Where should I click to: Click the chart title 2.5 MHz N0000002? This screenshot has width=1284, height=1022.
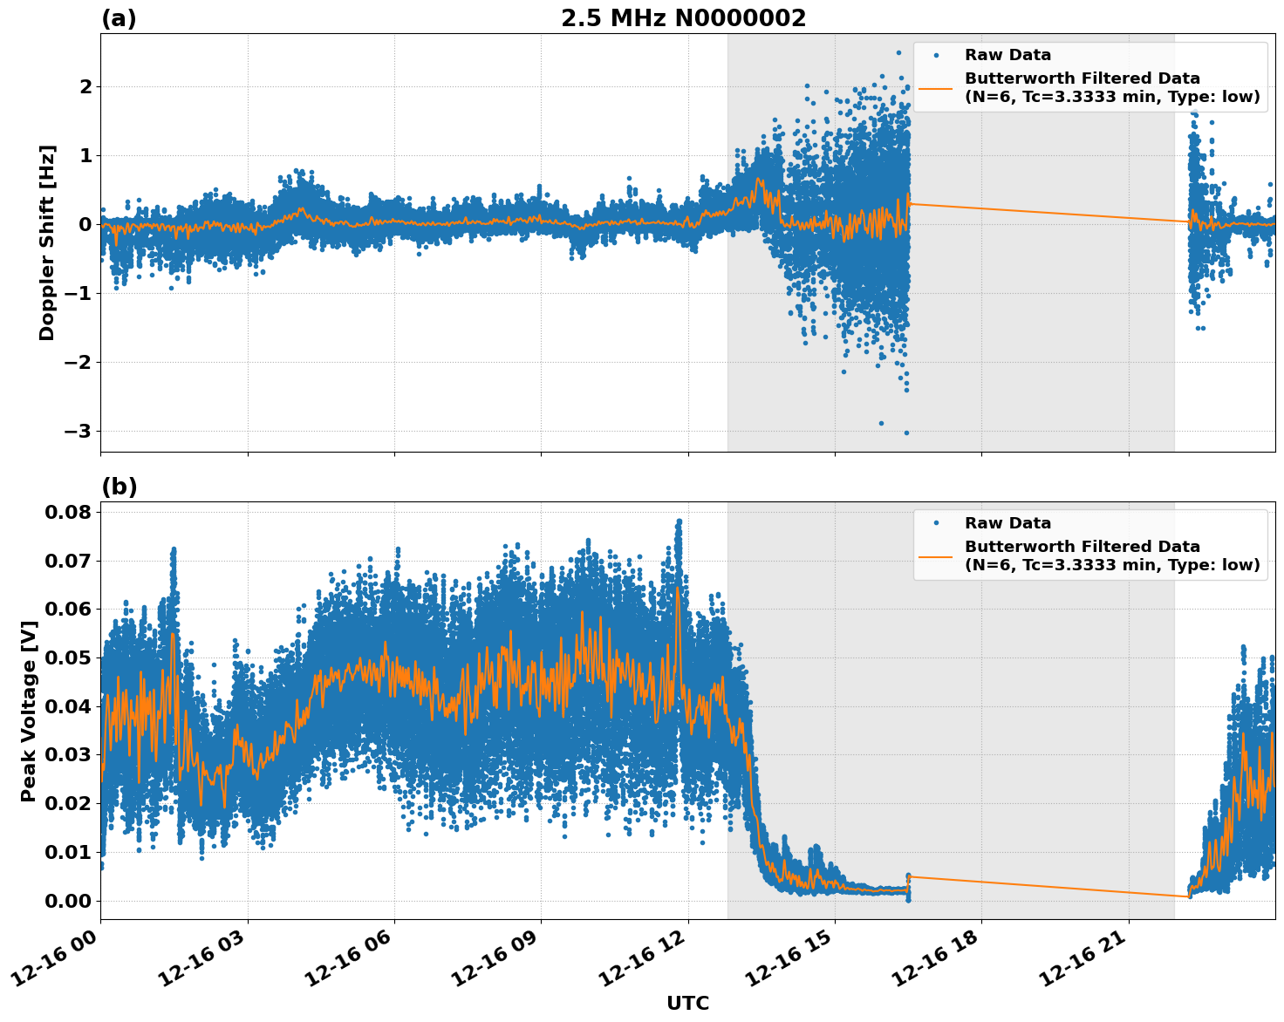click(x=683, y=18)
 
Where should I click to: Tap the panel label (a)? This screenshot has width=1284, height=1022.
click(x=119, y=18)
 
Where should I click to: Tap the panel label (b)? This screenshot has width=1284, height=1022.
click(x=119, y=487)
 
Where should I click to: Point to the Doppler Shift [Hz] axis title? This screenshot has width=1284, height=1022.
click(x=47, y=242)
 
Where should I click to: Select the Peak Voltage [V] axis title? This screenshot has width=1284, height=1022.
click(x=29, y=711)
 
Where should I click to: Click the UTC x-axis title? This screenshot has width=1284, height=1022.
click(x=687, y=1003)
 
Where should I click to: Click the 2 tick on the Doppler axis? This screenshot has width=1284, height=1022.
click(x=85, y=86)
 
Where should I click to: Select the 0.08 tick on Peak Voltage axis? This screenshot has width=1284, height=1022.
click(x=67, y=512)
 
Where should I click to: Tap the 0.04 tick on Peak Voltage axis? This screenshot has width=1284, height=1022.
click(x=67, y=706)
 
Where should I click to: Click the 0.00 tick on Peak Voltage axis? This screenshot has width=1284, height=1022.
click(x=67, y=901)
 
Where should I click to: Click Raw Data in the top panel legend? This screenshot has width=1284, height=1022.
click(x=1007, y=55)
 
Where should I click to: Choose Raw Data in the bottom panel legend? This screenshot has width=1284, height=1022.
click(x=1007, y=523)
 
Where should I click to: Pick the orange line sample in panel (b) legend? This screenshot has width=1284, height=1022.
click(x=936, y=555)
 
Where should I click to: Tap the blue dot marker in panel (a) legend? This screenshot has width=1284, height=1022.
click(x=936, y=55)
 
